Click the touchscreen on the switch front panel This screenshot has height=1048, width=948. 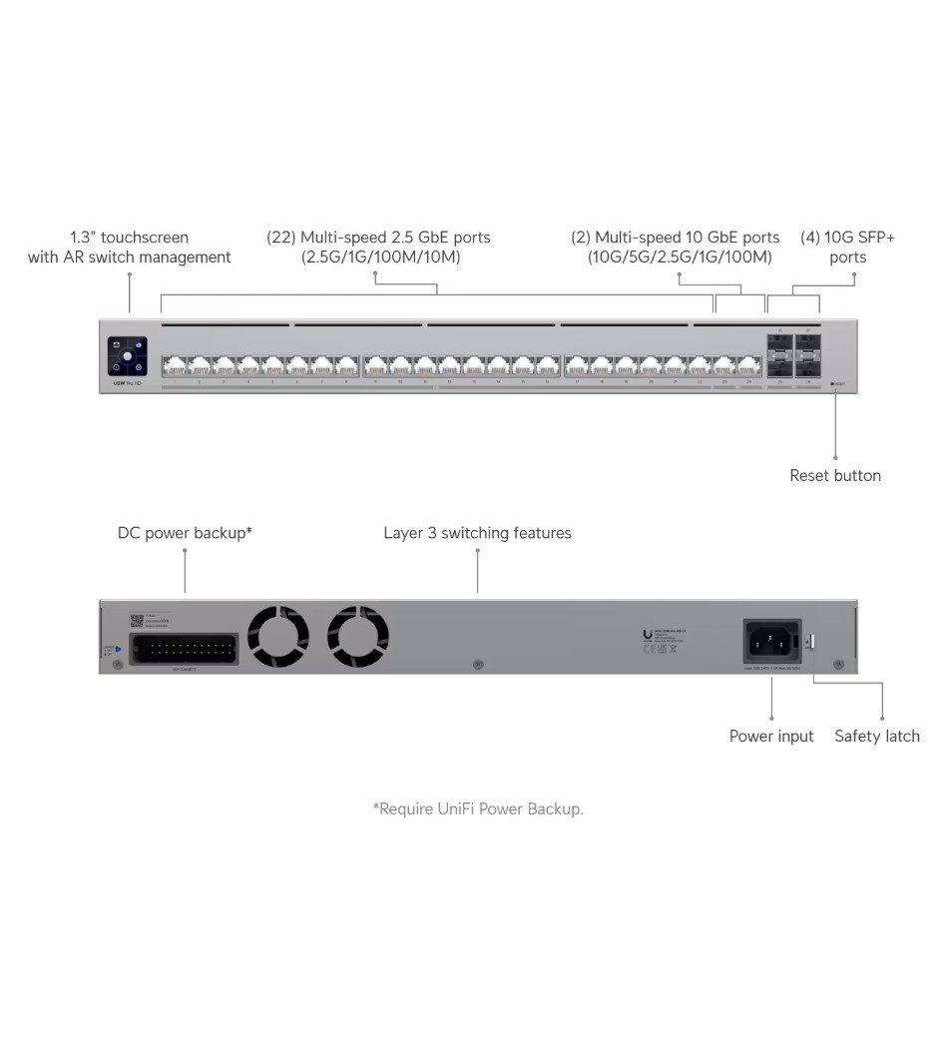[127, 356]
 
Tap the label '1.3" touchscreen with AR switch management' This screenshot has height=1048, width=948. [130, 248]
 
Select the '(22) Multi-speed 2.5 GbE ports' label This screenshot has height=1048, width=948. [378, 248]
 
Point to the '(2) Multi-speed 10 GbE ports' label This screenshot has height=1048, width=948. [676, 248]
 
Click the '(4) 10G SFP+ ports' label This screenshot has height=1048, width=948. [847, 248]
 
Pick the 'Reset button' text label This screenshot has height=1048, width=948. [835, 476]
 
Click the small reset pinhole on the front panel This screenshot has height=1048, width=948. [832, 383]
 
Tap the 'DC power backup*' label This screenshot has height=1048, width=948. [185, 533]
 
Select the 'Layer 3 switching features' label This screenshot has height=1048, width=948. [477, 533]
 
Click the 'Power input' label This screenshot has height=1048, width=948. [771, 737]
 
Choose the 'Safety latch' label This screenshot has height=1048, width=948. [877, 737]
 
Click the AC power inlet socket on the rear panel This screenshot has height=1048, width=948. [771, 640]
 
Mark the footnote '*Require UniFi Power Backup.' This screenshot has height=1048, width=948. [478, 808]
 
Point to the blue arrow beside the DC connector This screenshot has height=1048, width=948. [118, 649]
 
